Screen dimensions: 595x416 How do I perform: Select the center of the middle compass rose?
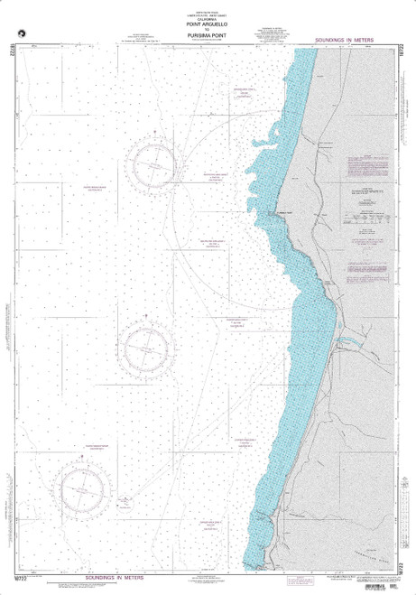tap(147, 346)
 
